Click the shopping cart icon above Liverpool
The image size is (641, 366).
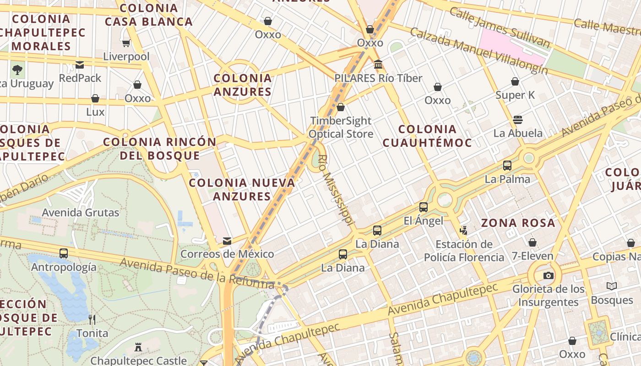point(126,43)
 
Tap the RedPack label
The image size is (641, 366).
point(80,78)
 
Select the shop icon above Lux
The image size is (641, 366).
point(95,98)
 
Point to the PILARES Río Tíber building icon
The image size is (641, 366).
point(378,65)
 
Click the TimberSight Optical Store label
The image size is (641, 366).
point(341,127)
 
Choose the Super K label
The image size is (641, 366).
point(516,95)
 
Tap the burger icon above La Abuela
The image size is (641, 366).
point(518,120)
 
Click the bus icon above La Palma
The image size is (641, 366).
point(507,166)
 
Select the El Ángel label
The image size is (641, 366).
point(423,221)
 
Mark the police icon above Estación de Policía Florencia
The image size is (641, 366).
point(464,230)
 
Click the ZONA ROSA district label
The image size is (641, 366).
point(518,223)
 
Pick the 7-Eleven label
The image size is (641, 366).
point(532,256)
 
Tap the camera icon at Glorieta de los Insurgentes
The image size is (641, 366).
point(548,275)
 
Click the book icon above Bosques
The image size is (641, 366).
point(611,286)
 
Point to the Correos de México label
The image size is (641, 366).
point(227,254)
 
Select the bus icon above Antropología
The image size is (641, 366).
point(64,253)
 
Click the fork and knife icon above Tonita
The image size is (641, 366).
point(92,319)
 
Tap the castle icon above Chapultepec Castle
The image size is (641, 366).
point(138,347)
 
